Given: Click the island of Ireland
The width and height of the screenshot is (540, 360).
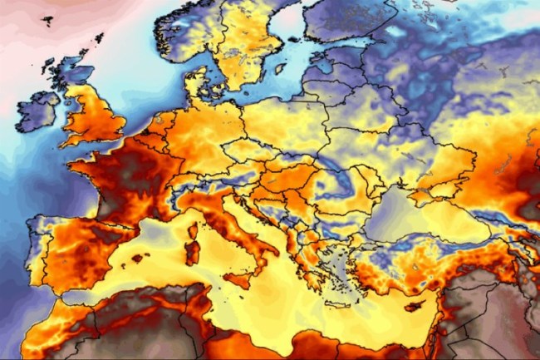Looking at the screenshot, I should [x=37, y=111].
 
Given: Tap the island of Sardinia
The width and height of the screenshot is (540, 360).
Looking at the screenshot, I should [x=192, y=249].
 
